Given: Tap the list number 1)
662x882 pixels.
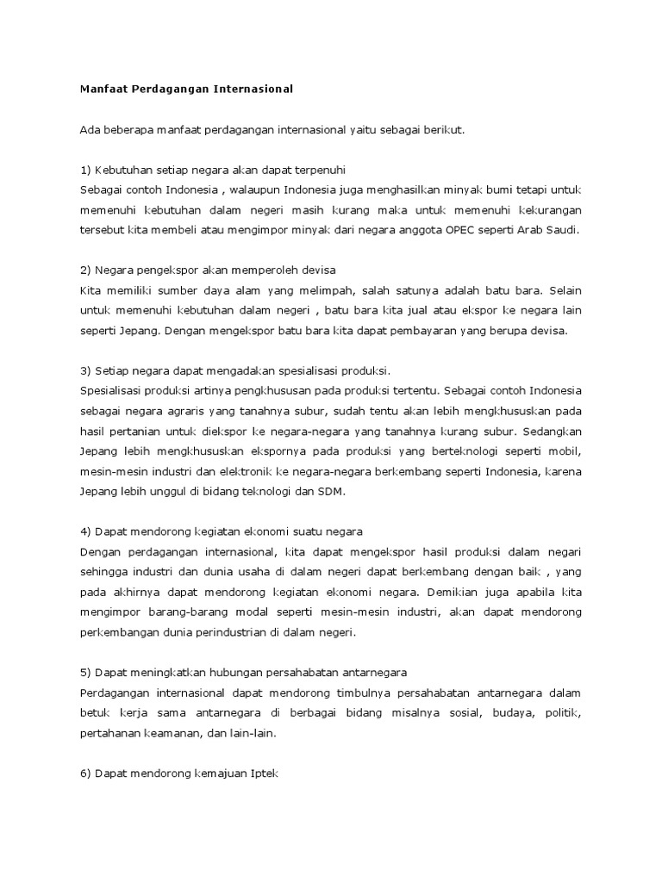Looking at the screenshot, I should (85, 171).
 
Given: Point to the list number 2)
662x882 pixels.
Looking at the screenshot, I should (85, 270).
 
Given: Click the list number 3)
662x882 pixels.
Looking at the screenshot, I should (85, 371).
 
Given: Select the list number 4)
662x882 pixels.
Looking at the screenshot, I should (85, 531).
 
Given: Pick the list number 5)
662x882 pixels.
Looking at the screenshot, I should (85, 672).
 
